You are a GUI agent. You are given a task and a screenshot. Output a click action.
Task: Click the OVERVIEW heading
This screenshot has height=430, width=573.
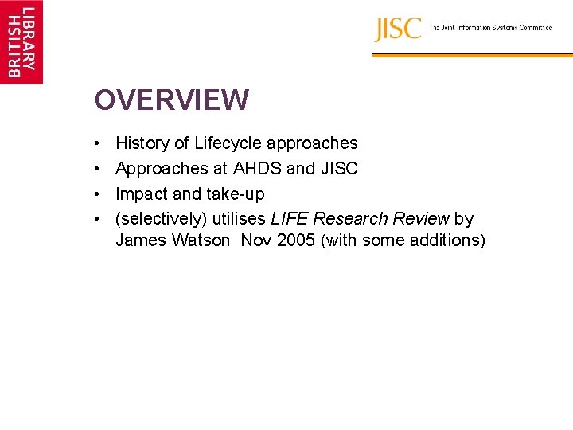[x=171, y=100]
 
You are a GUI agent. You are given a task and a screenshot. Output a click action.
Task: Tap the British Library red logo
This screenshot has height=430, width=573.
[x=21, y=41]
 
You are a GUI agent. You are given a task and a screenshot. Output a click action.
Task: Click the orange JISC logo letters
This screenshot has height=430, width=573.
[x=398, y=29]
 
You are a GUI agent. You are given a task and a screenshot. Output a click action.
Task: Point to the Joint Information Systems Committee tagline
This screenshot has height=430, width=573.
[x=490, y=28]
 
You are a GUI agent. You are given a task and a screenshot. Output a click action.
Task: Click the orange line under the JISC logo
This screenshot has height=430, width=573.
[x=472, y=56]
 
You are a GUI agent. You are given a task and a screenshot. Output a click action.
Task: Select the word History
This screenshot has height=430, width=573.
[x=142, y=143]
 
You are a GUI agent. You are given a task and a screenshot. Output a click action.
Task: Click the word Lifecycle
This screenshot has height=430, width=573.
[x=228, y=143]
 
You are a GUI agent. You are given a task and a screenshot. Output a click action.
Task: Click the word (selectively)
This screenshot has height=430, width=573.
[x=161, y=219]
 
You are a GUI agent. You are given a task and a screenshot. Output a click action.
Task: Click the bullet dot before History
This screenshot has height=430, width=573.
[x=96, y=144]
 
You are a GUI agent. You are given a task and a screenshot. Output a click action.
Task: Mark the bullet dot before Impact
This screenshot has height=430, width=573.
[x=96, y=194]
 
